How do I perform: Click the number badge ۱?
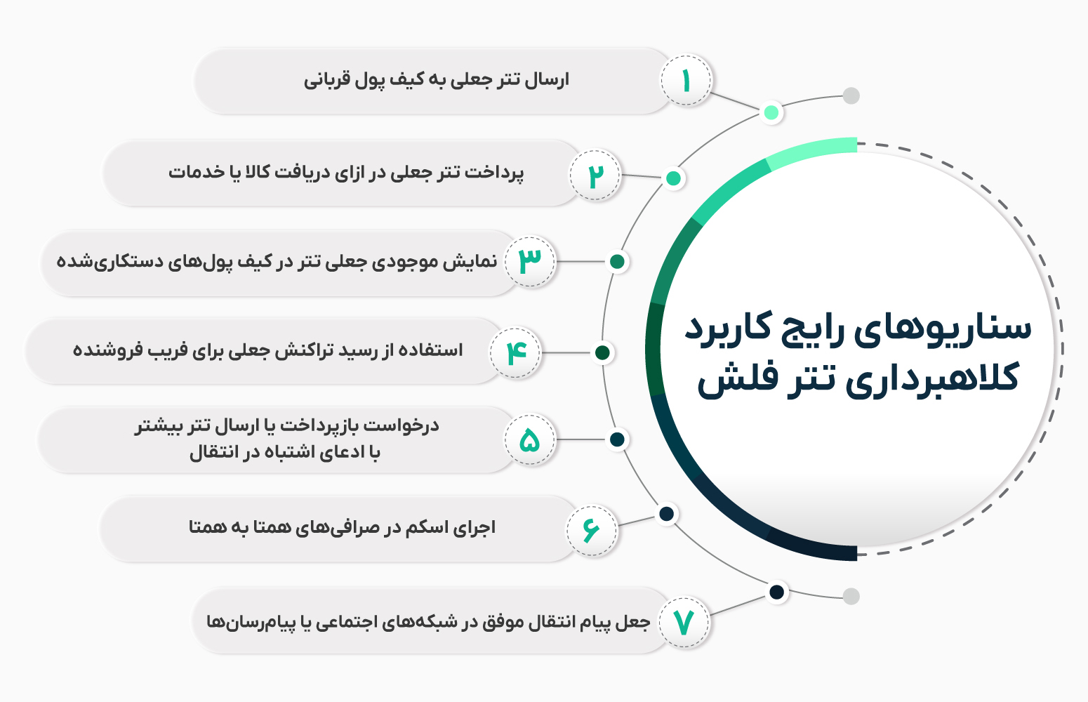click(686, 81)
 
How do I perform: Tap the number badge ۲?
click(595, 175)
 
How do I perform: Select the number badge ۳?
click(531, 261)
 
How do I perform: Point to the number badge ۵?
click(530, 440)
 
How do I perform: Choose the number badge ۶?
click(592, 530)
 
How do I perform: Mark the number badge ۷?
click(684, 623)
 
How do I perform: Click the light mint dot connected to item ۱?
click(771, 112)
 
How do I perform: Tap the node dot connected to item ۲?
click(673, 178)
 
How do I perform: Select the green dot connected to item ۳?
click(618, 262)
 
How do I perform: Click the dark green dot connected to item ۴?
click(602, 352)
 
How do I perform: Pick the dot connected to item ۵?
click(618, 439)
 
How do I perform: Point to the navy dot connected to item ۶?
click(667, 514)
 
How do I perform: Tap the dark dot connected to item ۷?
click(776, 592)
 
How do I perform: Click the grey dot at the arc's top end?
click(851, 95)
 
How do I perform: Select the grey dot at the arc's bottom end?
click(851, 597)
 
